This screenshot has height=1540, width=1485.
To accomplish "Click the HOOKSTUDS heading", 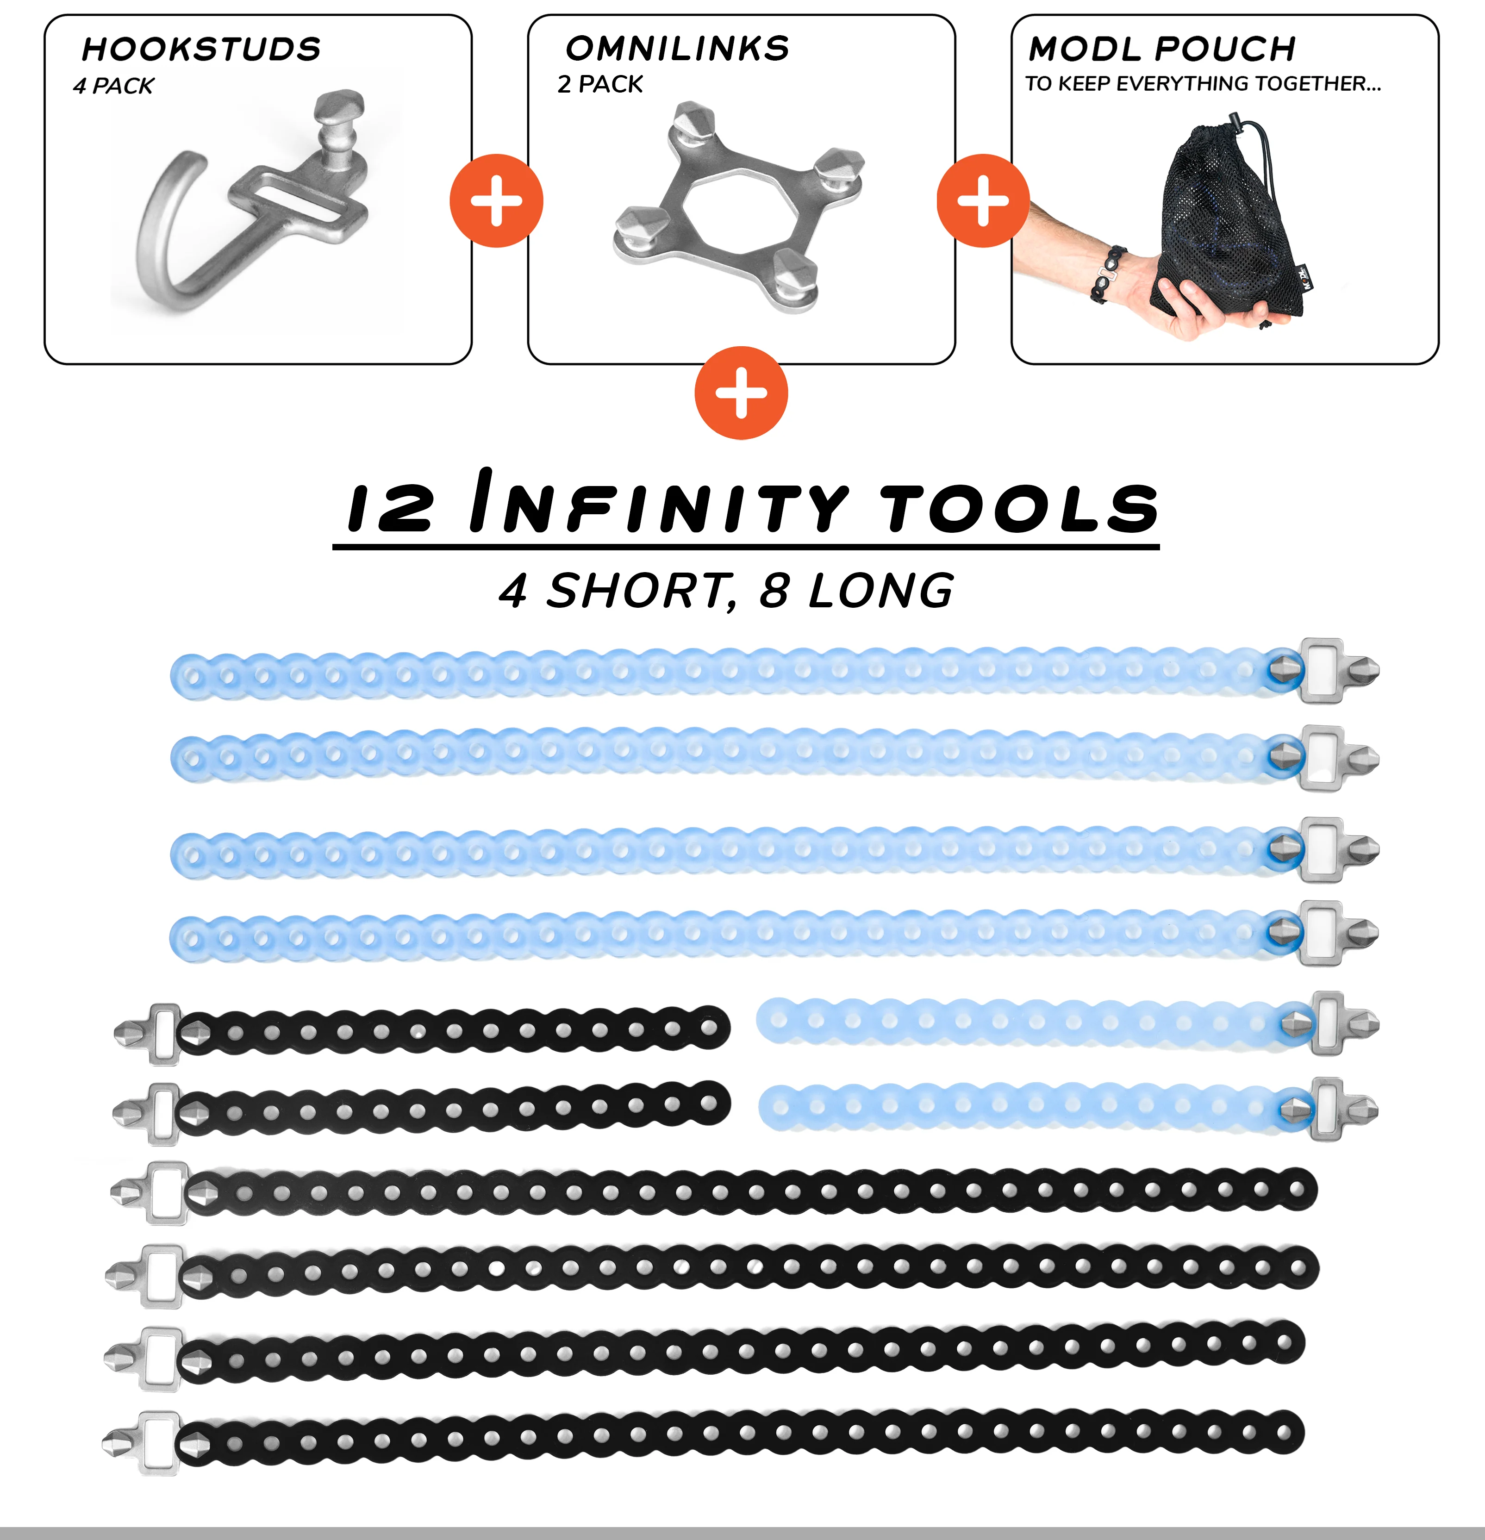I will (x=201, y=49).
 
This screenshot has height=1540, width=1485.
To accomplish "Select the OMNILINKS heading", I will (x=677, y=49).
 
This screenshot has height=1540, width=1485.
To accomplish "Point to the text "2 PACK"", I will (x=599, y=84).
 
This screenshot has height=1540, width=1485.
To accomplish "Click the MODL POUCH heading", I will (x=1162, y=49).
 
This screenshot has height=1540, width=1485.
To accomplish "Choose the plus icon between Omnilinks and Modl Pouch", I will (x=983, y=200).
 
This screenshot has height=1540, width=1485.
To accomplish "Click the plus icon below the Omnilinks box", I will (x=741, y=392).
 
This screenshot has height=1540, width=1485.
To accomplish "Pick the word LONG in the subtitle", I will (x=881, y=591).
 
